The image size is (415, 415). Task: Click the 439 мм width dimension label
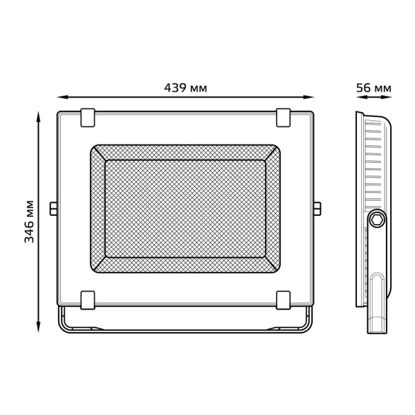click(185, 88)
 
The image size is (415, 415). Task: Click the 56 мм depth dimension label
click(373, 88)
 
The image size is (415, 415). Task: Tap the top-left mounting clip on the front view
click(88, 117)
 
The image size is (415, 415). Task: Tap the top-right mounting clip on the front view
click(284, 117)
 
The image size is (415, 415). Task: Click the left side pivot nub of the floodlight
click(53, 208)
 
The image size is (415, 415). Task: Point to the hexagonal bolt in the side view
click(377, 218)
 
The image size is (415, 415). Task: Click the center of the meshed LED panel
click(185, 208)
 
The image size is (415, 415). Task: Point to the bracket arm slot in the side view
click(378, 297)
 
